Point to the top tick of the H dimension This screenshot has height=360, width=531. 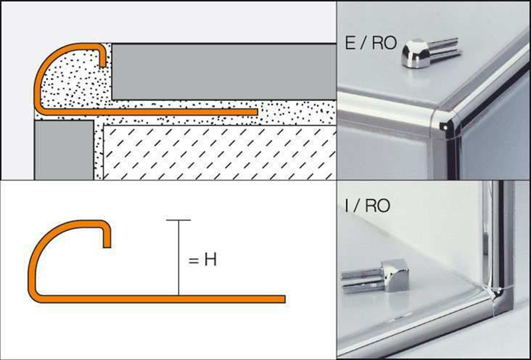click(179, 220)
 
